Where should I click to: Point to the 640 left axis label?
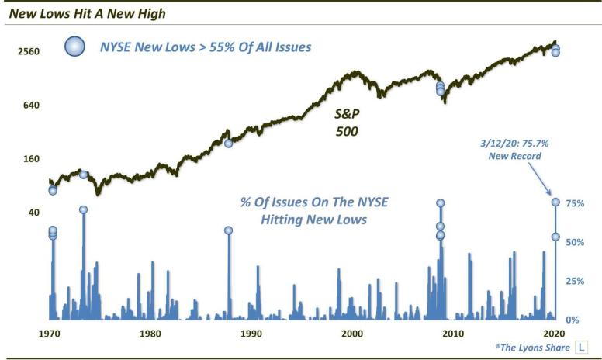click(28, 106)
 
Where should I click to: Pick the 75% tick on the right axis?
click(575, 203)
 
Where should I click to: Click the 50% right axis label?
click(575, 242)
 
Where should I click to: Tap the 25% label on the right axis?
click(575, 281)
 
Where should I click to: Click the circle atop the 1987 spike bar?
click(228, 230)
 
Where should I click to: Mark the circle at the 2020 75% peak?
click(555, 202)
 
